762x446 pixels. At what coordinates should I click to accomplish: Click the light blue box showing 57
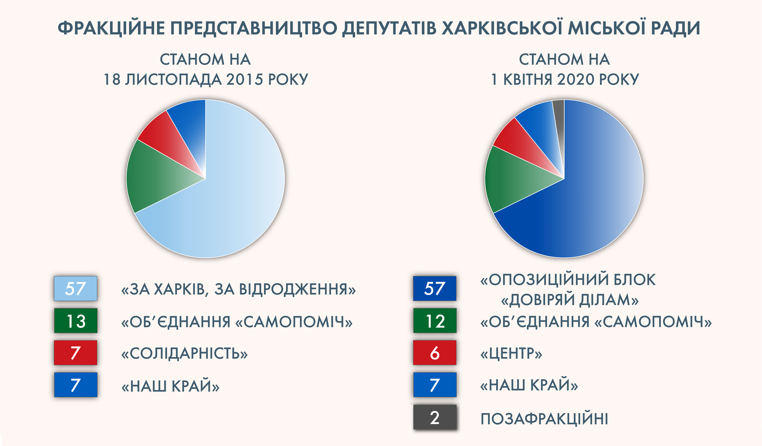click(x=76, y=288)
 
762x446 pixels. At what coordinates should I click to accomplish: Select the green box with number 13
click(x=76, y=321)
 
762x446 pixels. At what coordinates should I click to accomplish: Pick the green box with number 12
click(x=435, y=321)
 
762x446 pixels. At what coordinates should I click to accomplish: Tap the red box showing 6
click(x=435, y=353)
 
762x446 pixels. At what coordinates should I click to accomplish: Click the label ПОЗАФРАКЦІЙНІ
click(x=544, y=419)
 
